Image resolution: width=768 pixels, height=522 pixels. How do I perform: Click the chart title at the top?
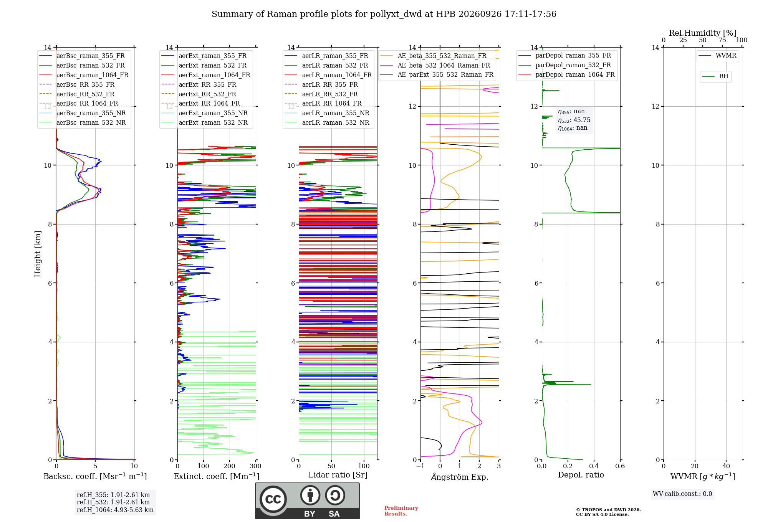point(384,14)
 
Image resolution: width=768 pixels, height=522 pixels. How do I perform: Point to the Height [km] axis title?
point(38,254)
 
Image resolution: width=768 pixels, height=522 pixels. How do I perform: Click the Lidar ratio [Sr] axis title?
point(338,475)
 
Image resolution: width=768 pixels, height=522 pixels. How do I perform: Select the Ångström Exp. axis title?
point(460,477)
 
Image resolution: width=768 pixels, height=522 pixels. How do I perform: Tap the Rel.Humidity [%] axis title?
point(702,33)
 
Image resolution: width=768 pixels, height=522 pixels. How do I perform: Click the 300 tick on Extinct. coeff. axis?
point(255,466)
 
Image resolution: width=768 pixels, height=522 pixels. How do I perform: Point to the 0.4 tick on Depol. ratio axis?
point(594,466)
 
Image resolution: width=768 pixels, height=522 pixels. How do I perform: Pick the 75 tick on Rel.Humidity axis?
point(722,40)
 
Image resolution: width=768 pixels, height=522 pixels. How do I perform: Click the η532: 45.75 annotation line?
point(574,120)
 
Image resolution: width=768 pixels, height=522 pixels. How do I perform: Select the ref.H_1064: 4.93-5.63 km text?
point(115,510)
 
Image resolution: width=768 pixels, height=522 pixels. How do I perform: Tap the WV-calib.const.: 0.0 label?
point(682,494)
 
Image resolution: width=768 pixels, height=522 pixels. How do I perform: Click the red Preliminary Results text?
point(401,511)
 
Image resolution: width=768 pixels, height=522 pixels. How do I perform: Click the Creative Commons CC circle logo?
point(273,499)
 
